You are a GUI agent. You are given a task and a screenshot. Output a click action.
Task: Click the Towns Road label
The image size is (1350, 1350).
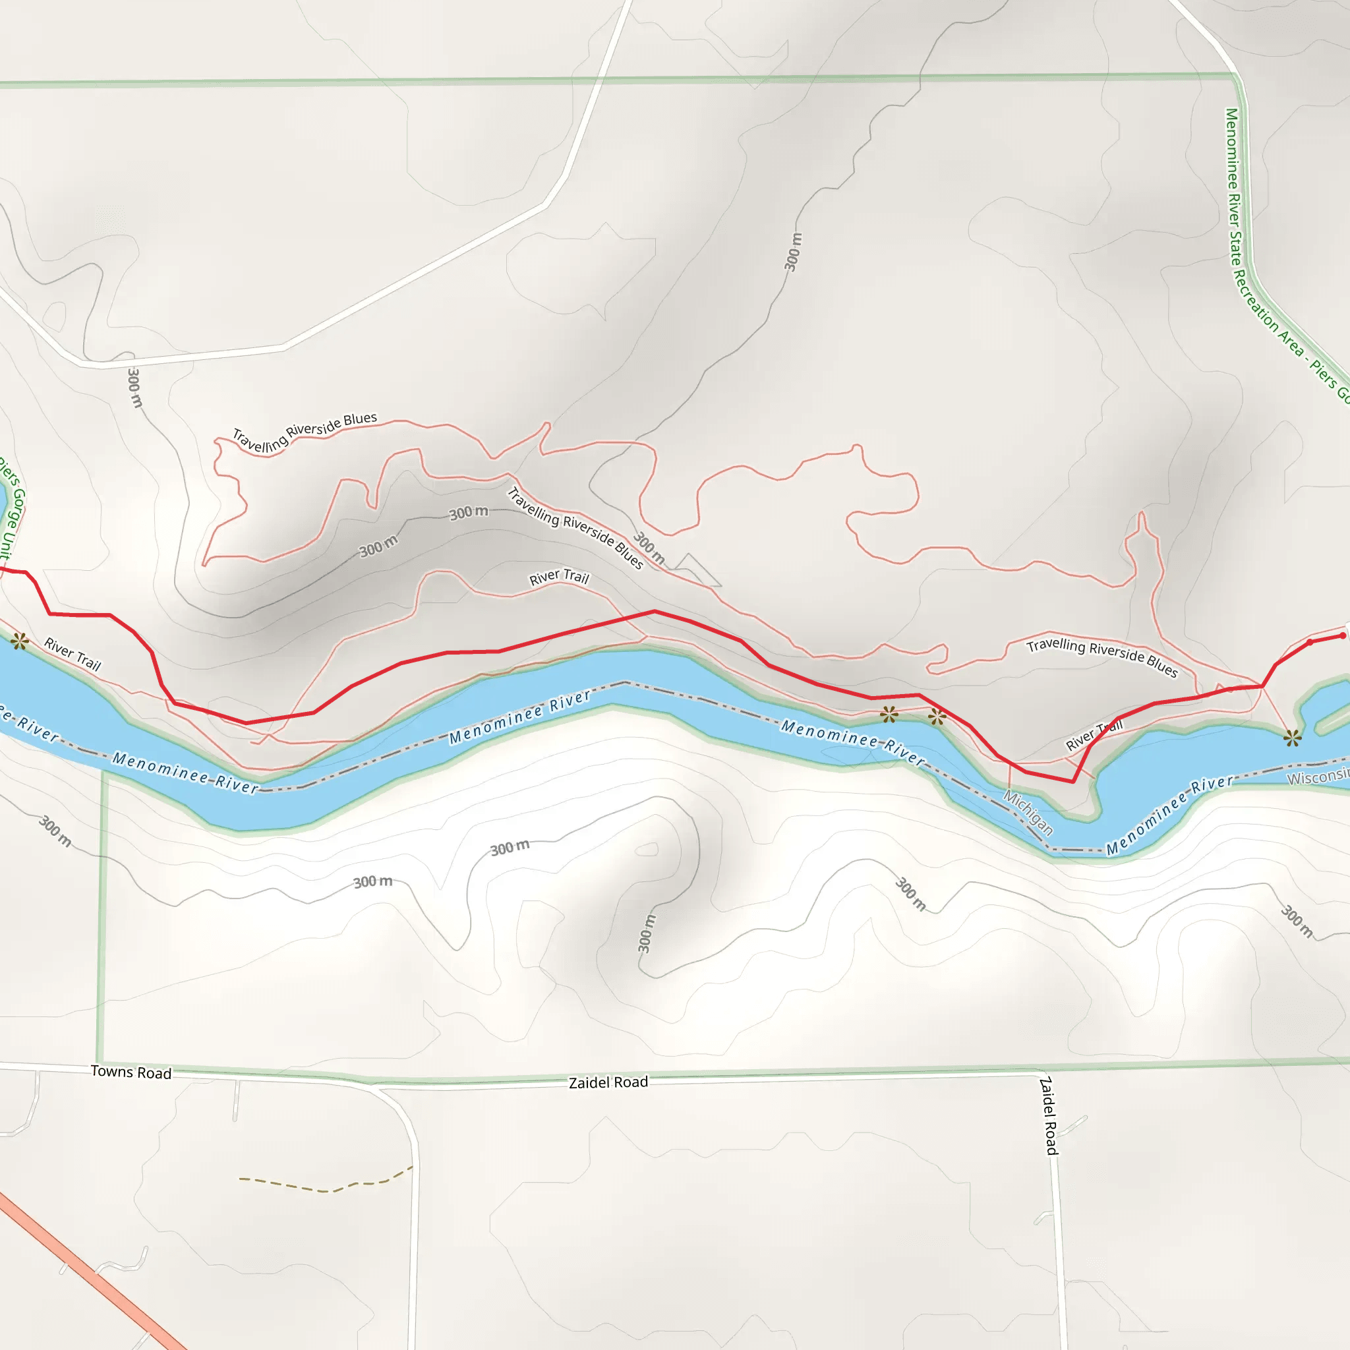pos(131,1072)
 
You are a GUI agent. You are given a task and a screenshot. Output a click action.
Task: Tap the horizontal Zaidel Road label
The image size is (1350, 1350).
pos(608,1082)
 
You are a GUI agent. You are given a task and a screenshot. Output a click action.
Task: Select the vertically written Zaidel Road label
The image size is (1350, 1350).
pos(1049,1116)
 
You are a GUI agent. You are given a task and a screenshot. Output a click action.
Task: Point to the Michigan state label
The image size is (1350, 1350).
pos(1028,812)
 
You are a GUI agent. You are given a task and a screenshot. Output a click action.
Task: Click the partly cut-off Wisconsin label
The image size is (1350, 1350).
pos(1318,777)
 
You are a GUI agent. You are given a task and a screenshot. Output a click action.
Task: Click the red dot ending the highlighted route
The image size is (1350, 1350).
pos(1342,636)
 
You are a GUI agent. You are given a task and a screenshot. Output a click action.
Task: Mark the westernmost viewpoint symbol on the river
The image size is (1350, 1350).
pos(20,641)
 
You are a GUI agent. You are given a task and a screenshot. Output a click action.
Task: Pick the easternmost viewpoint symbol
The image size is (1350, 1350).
pos(1293,737)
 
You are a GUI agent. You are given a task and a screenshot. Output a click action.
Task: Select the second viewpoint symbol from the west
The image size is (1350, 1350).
pos(889,714)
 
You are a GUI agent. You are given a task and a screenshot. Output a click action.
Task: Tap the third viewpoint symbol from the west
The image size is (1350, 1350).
pos(937,717)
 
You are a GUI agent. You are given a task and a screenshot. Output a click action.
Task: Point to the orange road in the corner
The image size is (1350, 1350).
pos(91,1272)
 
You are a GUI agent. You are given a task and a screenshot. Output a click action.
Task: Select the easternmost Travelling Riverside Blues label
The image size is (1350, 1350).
pos(1102,657)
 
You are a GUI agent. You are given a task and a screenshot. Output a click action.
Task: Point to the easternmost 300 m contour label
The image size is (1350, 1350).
pos(1297,921)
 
